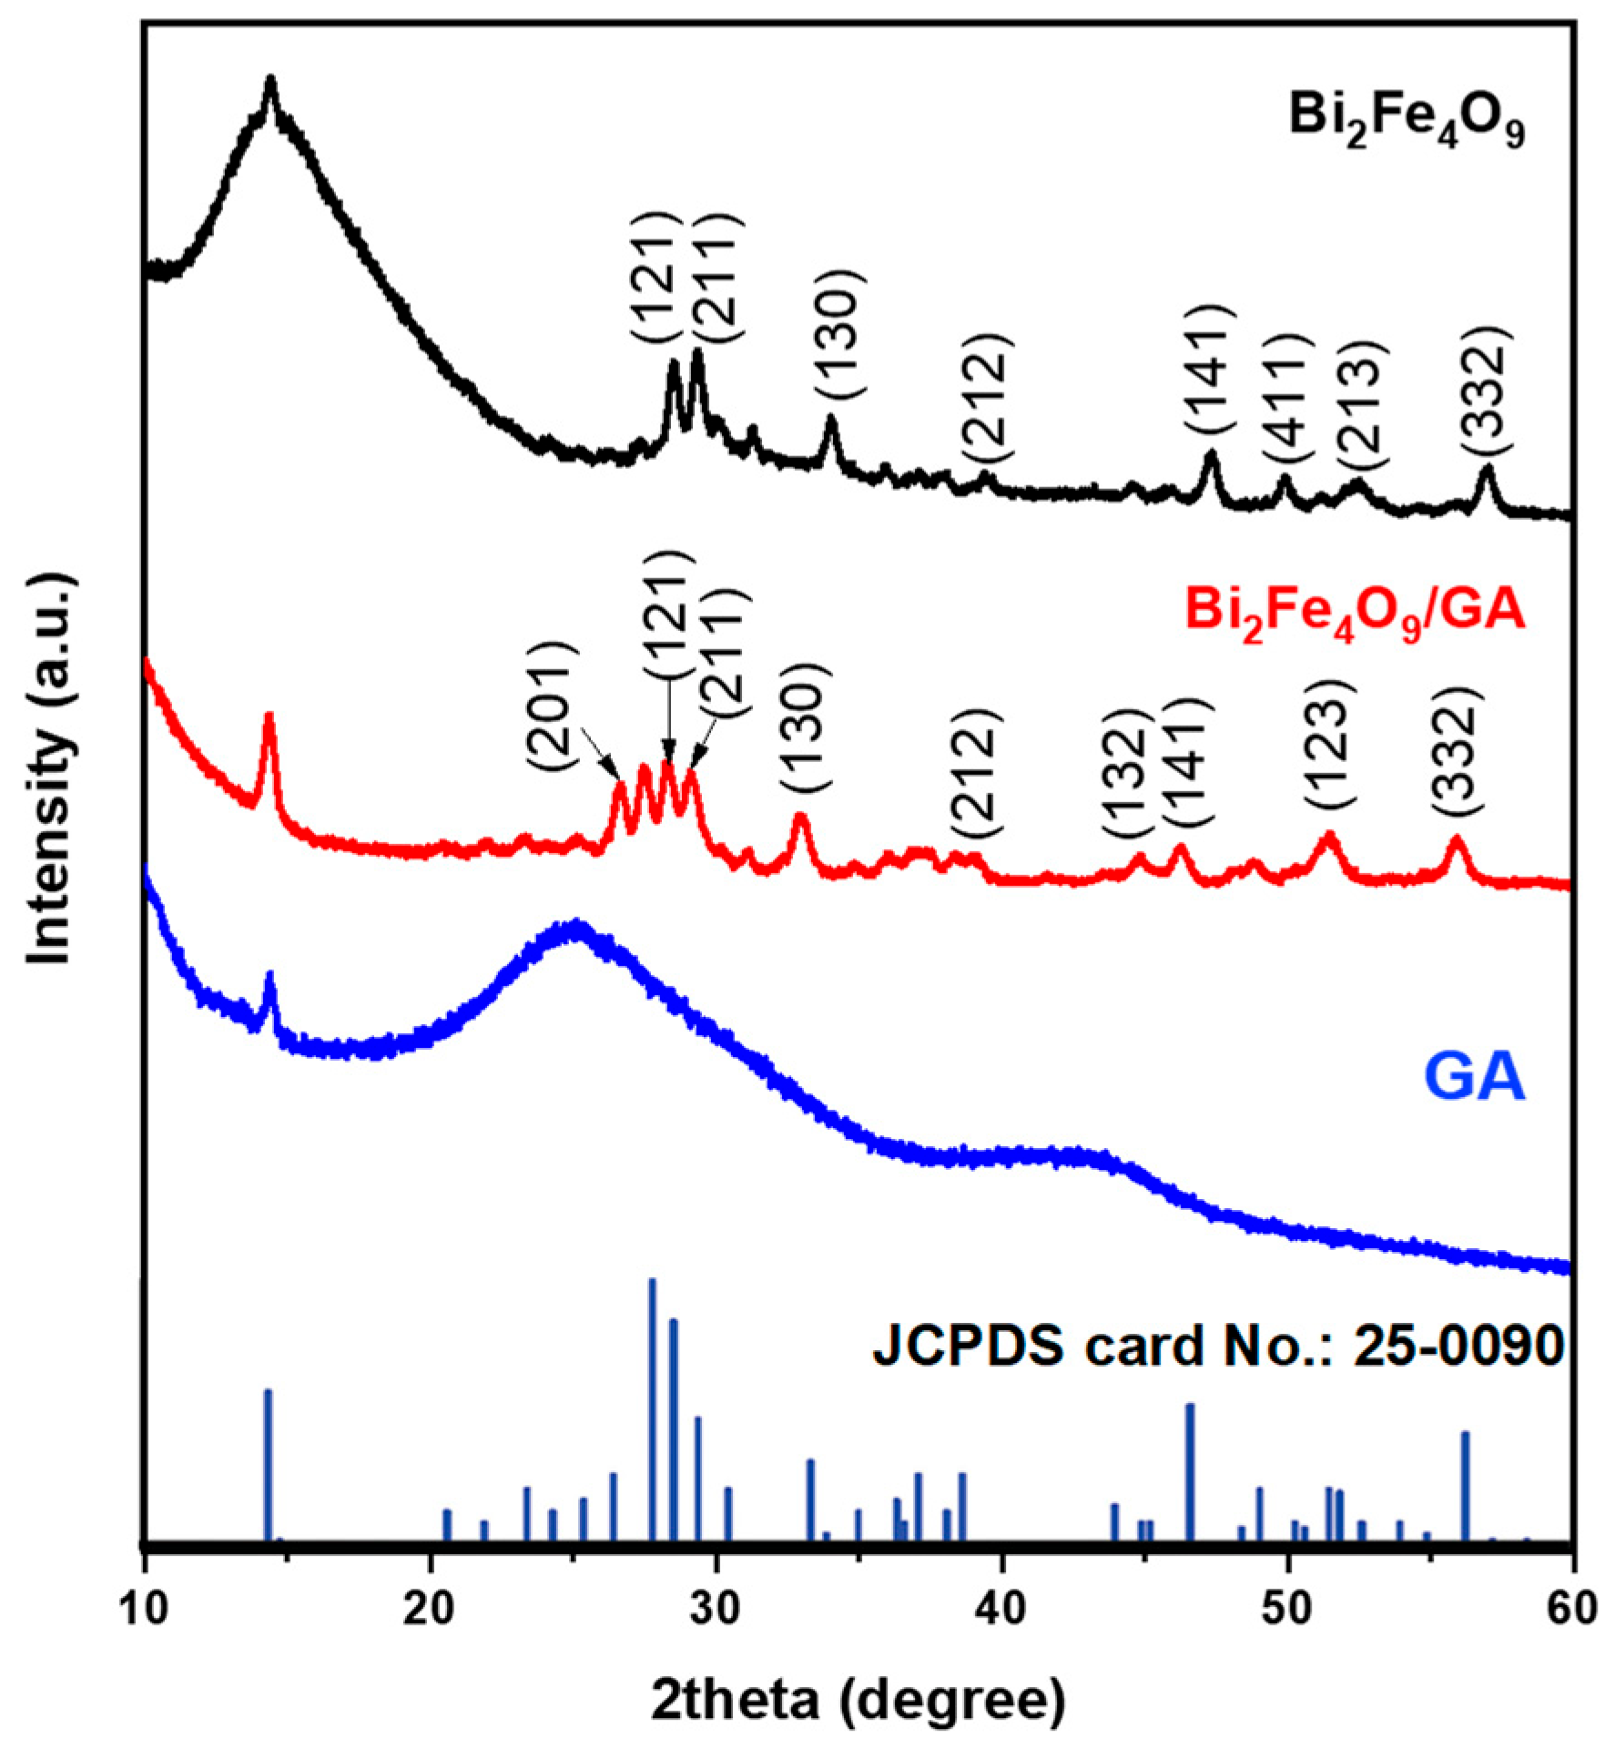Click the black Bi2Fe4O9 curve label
(1406, 122)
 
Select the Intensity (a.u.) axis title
(50, 769)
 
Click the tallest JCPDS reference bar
(653, 1410)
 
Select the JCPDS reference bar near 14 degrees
(268, 1466)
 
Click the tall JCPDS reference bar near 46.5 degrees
(1189, 1472)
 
